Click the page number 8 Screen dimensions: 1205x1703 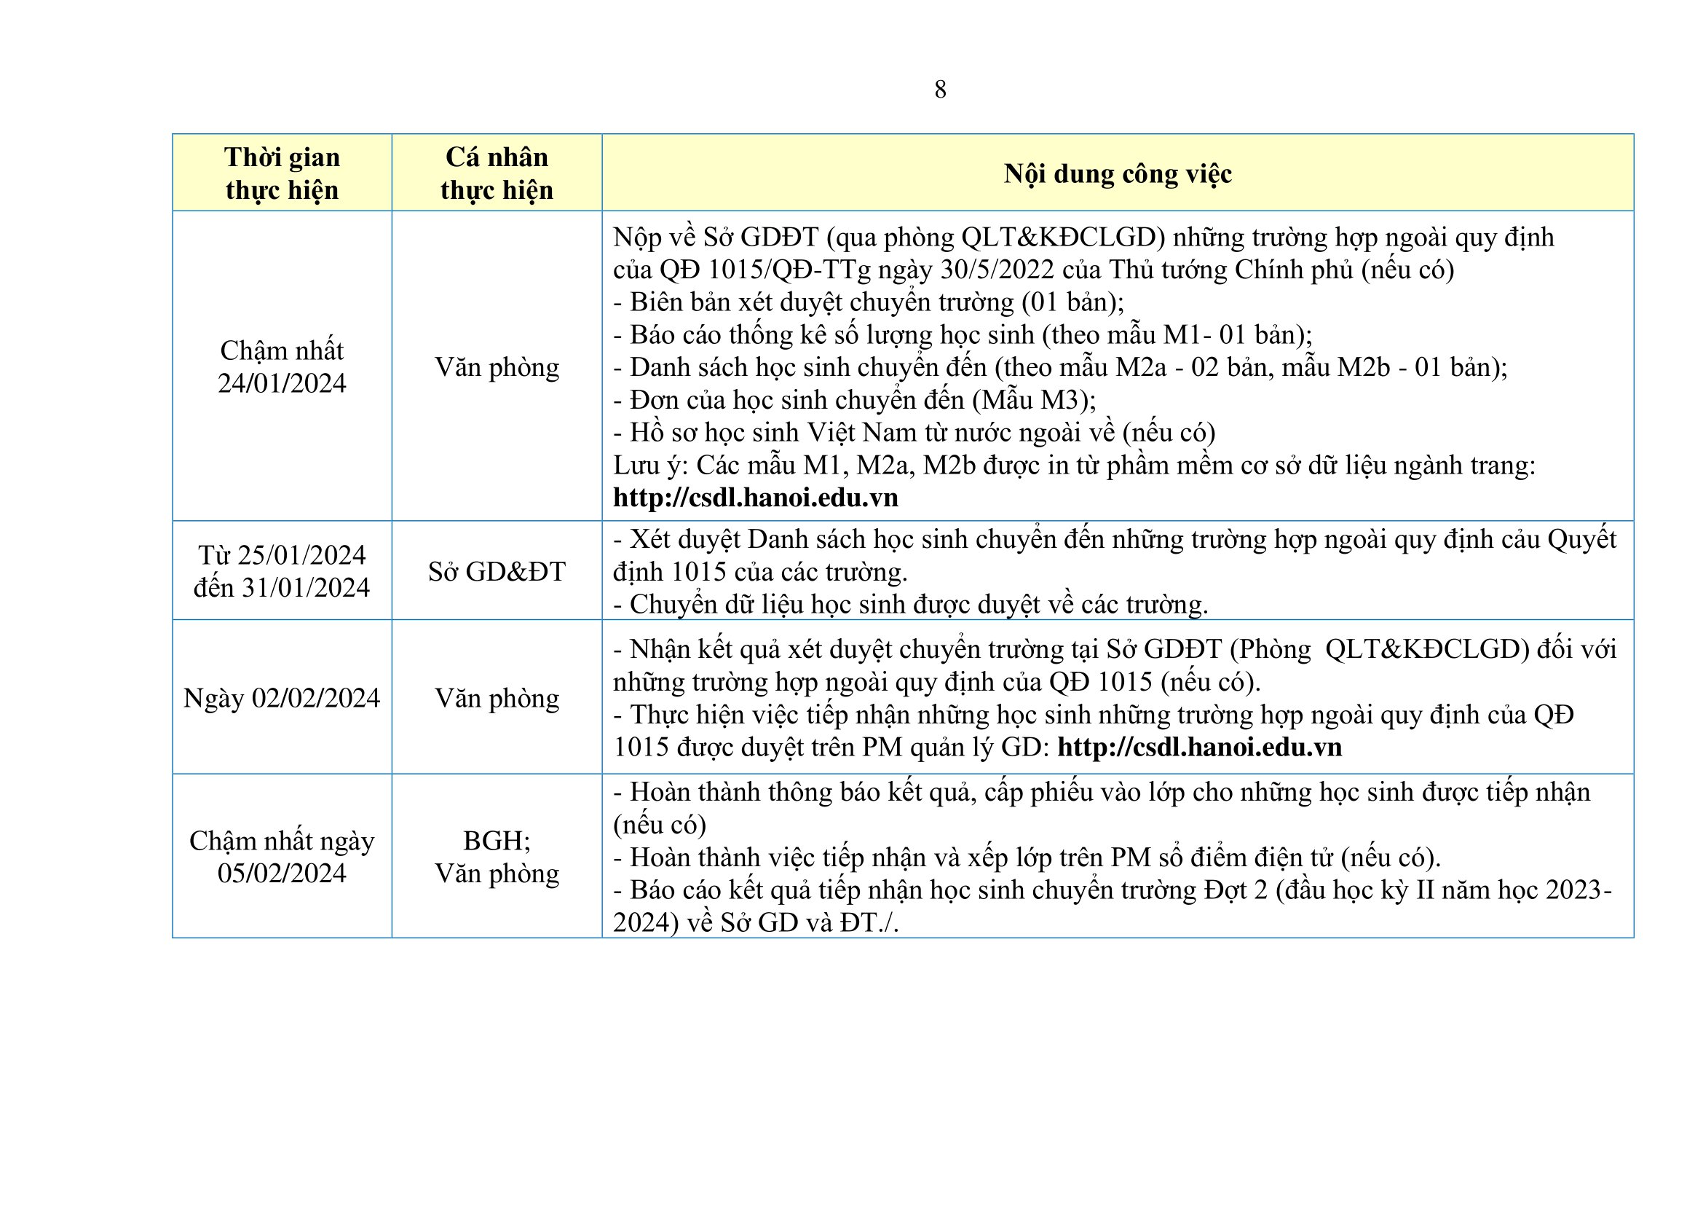940,90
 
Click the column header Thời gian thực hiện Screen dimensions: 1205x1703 282,173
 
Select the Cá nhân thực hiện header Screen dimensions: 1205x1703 497,173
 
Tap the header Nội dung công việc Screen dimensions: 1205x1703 1117,173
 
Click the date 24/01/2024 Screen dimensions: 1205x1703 282,383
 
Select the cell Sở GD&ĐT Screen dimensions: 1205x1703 497,571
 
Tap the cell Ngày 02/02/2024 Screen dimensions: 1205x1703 282,698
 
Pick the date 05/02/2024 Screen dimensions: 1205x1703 282,874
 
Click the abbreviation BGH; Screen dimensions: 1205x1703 497,841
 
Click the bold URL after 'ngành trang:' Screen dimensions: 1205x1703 755,497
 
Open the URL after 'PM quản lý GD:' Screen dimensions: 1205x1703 1199,747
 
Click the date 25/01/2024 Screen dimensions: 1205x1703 301,555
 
